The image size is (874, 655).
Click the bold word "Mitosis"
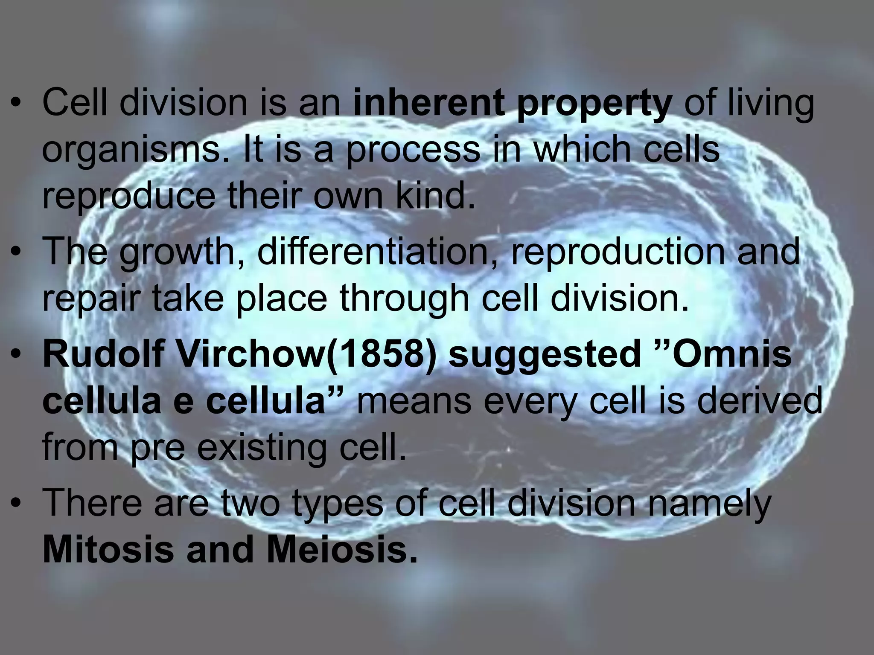(108, 549)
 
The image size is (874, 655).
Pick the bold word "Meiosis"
(342, 549)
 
